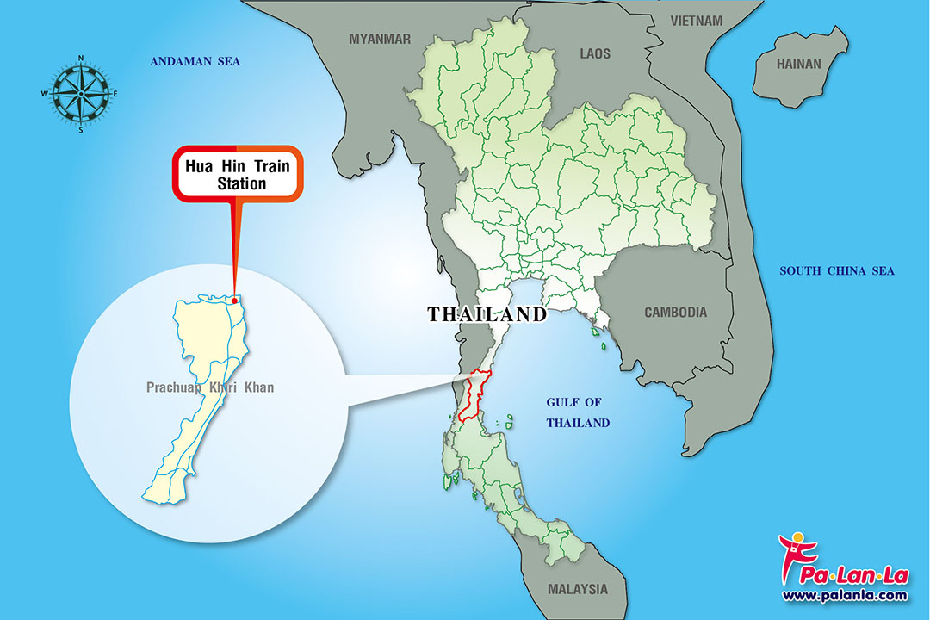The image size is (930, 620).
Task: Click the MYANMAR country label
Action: tap(380, 39)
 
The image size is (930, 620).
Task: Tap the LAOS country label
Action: tap(594, 53)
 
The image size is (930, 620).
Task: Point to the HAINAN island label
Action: tap(799, 64)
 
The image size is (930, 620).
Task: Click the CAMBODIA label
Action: tap(675, 313)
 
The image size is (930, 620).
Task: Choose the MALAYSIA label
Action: tap(577, 590)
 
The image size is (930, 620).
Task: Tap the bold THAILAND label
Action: tap(487, 314)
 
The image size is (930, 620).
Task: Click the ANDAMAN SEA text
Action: tap(195, 61)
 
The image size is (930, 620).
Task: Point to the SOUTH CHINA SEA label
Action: tap(837, 271)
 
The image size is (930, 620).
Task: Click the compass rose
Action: tap(81, 93)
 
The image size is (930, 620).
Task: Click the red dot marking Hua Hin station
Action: tap(234, 301)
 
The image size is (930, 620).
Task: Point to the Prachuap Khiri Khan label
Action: tap(210, 387)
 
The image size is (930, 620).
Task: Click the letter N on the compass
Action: tap(81, 58)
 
